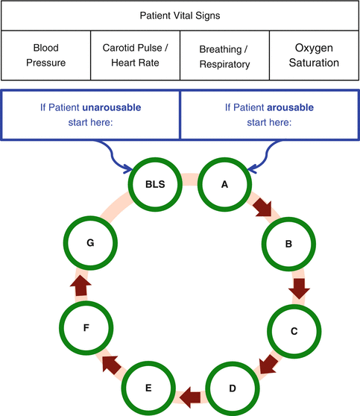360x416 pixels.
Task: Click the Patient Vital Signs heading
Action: (x=179, y=16)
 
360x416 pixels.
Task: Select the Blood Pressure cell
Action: (x=45, y=55)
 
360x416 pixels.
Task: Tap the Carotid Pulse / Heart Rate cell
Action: (x=135, y=55)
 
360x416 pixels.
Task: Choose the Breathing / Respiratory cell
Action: (x=224, y=55)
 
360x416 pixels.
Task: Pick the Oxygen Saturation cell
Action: (x=313, y=55)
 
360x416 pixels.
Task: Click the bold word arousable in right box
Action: (x=290, y=107)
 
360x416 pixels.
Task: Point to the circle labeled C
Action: (x=294, y=329)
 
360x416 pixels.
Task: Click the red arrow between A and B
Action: (x=262, y=207)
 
